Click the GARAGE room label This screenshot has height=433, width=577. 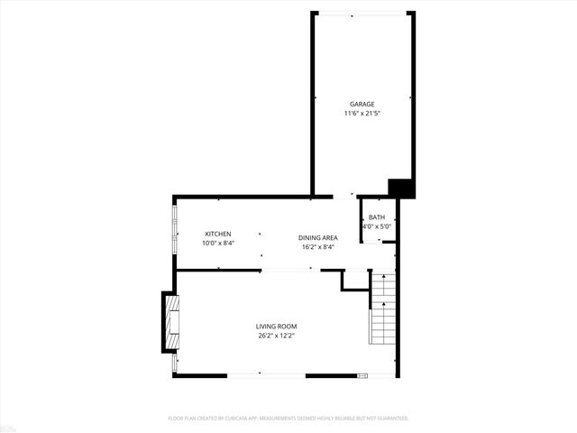[362, 104]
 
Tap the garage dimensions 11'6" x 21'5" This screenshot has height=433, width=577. [362, 114]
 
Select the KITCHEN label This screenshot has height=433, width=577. [217, 234]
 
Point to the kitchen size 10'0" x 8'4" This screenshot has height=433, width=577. [217, 243]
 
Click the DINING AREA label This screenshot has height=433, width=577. [317, 237]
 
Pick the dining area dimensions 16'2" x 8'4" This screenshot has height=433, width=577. [317, 247]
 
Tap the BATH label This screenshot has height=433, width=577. [376, 217]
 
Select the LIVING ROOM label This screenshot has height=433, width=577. [276, 327]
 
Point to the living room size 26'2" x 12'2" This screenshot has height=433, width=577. [276, 336]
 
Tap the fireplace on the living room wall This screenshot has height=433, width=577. [169, 322]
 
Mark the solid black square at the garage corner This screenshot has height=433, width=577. [401, 188]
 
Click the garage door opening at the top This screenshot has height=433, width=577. [362, 14]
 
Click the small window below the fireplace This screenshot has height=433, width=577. [175, 363]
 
